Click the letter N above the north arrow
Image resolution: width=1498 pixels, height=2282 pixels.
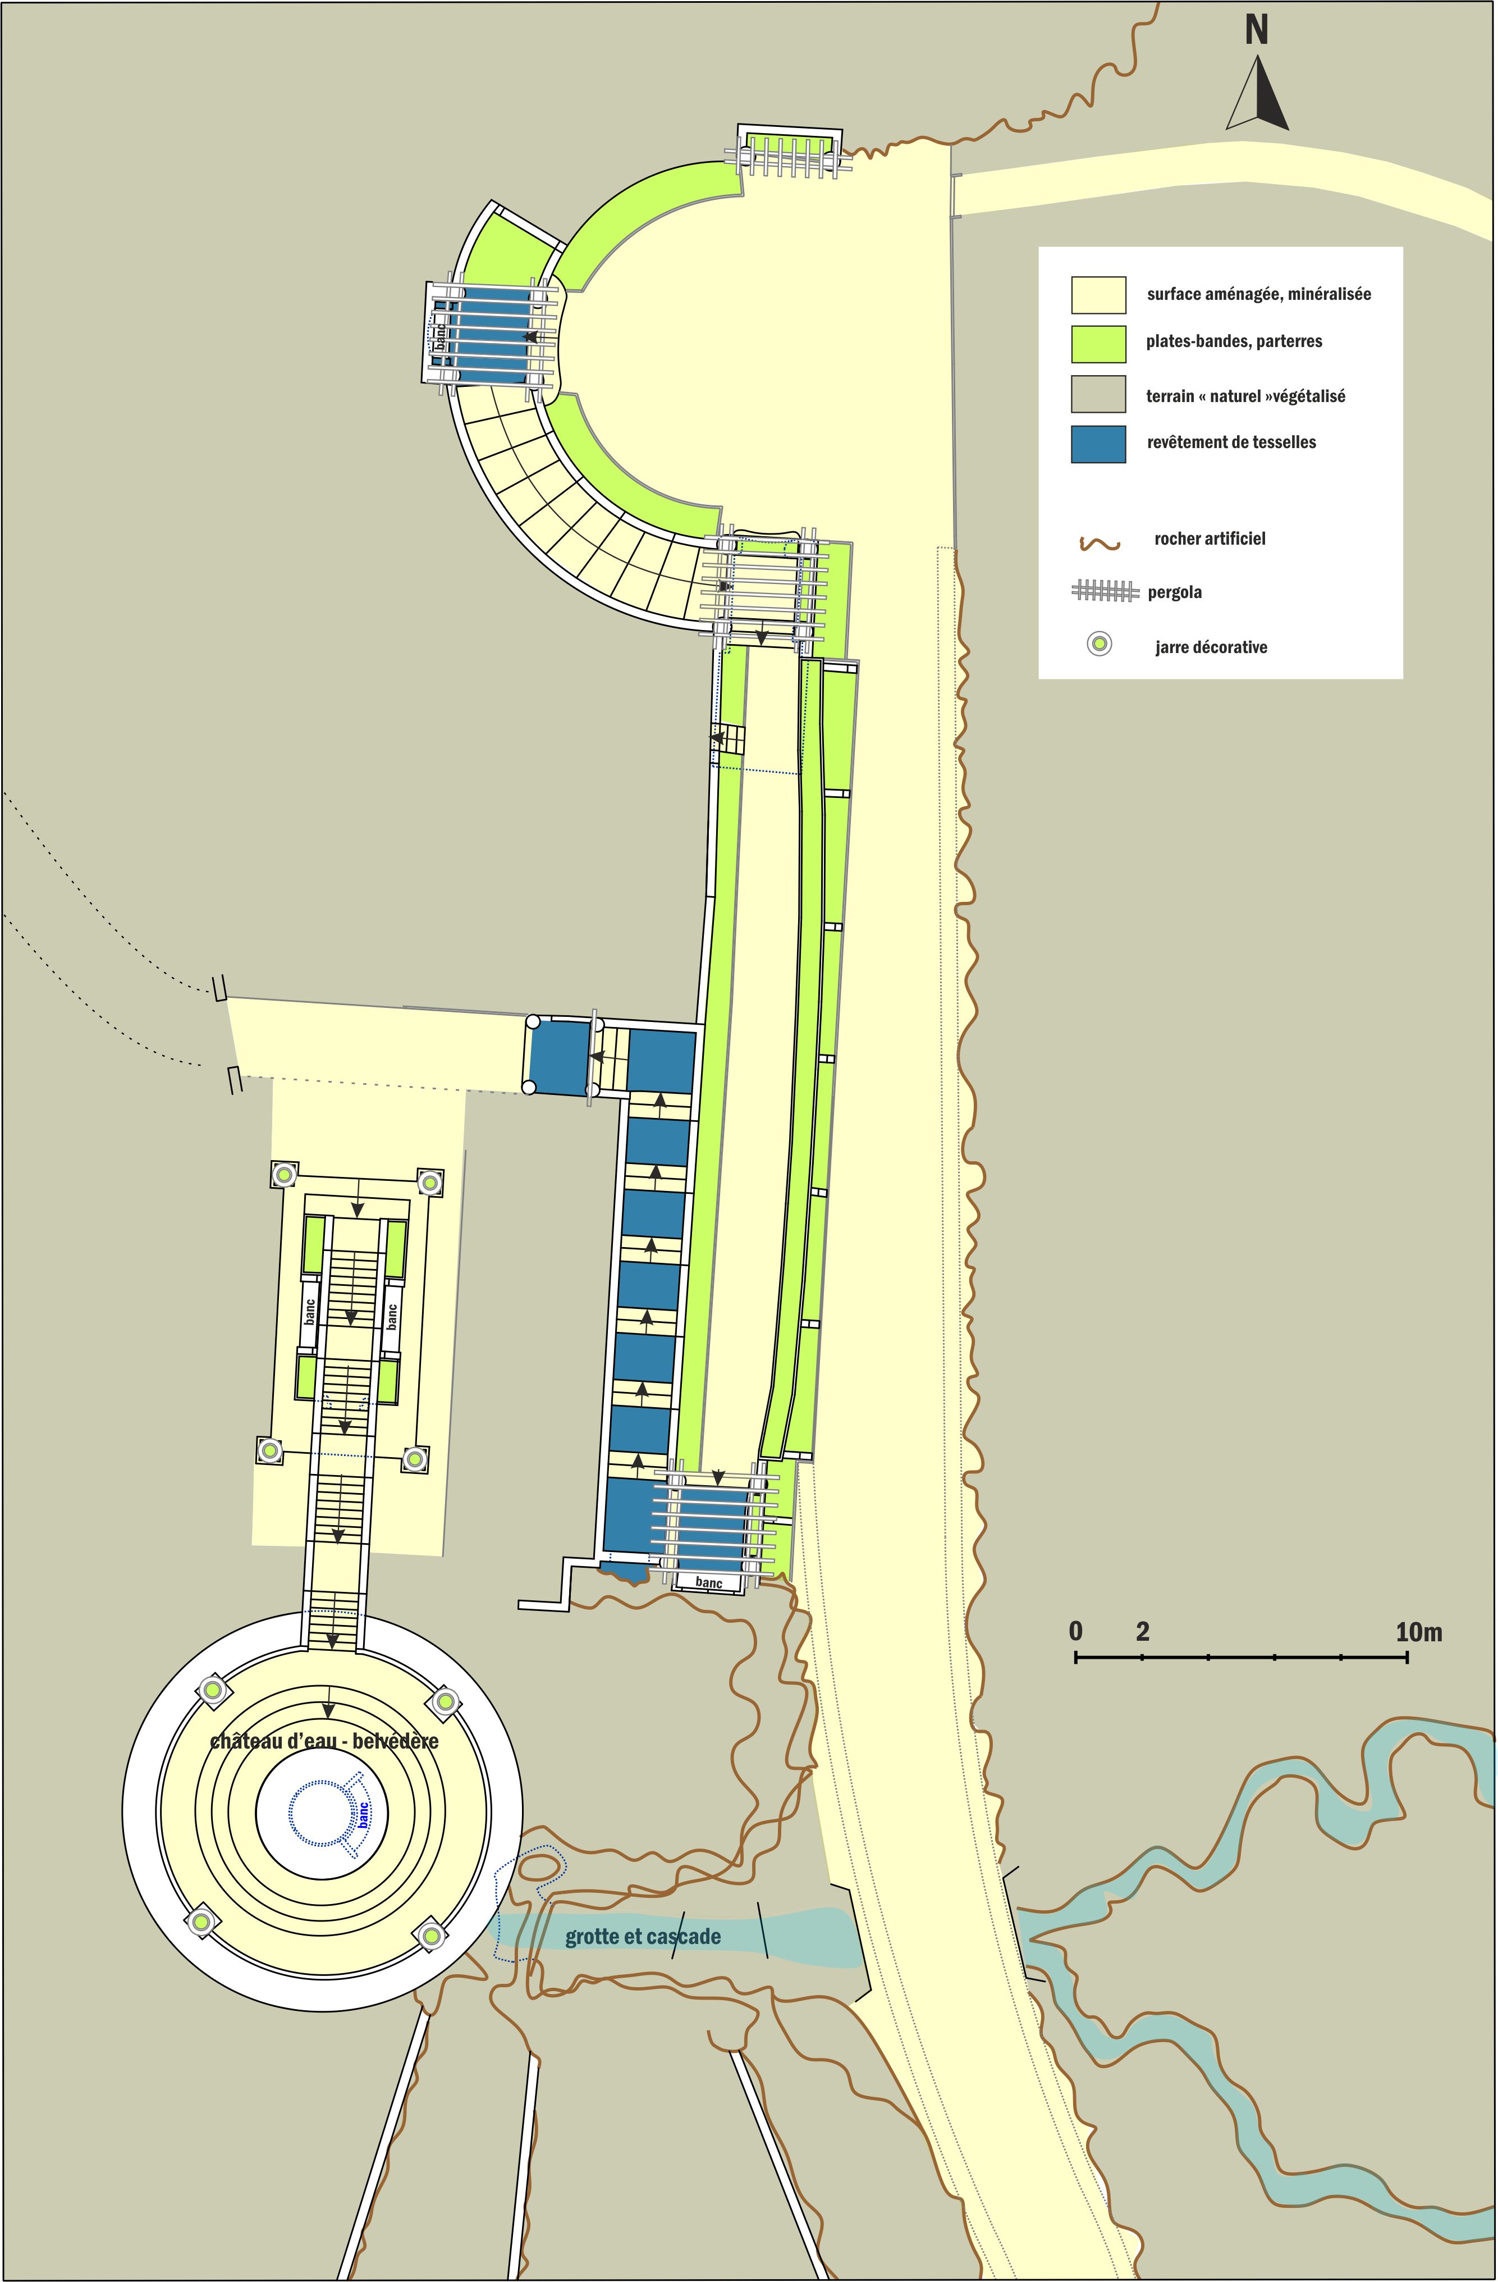[x=1257, y=31]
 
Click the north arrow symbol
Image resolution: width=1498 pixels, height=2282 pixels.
[x=1257, y=93]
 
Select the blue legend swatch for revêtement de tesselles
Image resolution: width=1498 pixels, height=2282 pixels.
[x=1098, y=444]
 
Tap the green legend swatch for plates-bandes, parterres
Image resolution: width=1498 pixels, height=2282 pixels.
[x=1098, y=344]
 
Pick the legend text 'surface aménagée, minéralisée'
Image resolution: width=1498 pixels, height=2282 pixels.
[x=1258, y=294]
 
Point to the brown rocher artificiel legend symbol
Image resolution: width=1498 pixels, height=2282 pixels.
[x=1100, y=544]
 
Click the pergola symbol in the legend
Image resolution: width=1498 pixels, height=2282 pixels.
[x=1105, y=592]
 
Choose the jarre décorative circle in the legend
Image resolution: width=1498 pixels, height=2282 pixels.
[x=1100, y=644]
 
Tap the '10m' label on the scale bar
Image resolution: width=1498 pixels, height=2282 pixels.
[x=1418, y=1632]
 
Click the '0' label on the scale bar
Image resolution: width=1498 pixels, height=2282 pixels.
[x=1076, y=1632]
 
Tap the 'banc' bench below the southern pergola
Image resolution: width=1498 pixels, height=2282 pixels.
[x=709, y=1583]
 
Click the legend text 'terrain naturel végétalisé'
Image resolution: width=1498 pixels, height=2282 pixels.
[x=1245, y=396]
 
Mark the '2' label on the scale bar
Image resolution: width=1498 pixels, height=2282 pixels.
[x=1142, y=1632]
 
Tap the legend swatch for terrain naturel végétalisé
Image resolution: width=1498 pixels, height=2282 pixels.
[x=1098, y=394]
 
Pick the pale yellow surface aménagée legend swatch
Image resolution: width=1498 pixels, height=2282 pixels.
[x=1098, y=295]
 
